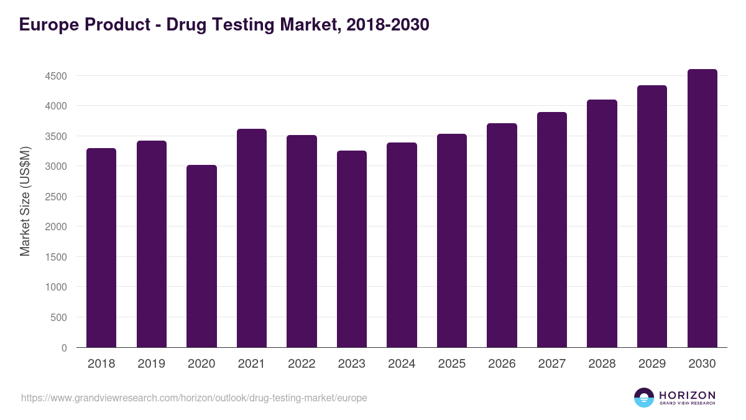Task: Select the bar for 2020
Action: pyautogui.click(x=201, y=256)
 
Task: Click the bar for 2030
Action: pyautogui.click(x=702, y=208)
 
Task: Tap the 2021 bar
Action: pyautogui.click(x=252, y=238)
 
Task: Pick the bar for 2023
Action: pyautogui.click(x=352, y=249)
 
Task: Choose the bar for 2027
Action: pyautogui.click(x=552, y=230)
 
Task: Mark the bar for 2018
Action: pyautogui.click(x=101, y=248)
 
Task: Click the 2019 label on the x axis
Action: pyautogui.click(x=151, y=364)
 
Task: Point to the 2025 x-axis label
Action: pyautogui.click(x=452, y=364)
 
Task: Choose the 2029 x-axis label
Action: pyautogui.click(x=652, y=364)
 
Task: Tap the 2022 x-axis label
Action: pyautogui.click(x=302, y=364)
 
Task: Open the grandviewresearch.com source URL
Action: pyautogui.click(x=194, y=398)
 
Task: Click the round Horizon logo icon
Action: pyautogui.click(x=643, y=398)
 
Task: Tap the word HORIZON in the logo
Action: pyautogui.click(x=688, y=395)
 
